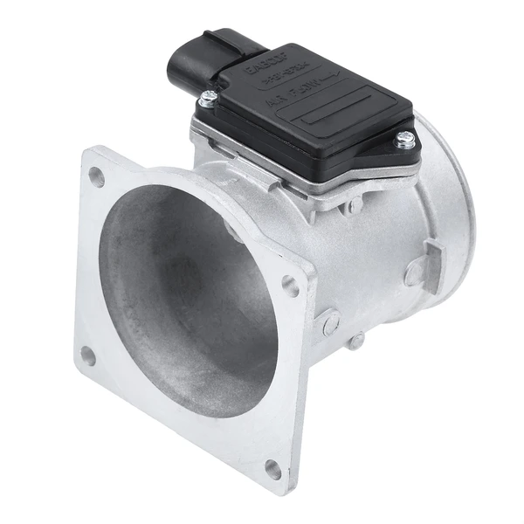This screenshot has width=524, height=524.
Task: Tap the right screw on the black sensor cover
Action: click(404, 137)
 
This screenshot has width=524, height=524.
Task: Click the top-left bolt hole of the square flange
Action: click(95, 176)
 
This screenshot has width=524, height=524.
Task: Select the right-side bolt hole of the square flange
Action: click(290, 284)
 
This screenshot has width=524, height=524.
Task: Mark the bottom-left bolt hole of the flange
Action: click(87, 355)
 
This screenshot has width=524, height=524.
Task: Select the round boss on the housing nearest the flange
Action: click(327, 322)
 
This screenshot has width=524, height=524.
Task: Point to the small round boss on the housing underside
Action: click(356, 340)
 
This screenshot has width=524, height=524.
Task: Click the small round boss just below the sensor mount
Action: click(354, 206)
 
